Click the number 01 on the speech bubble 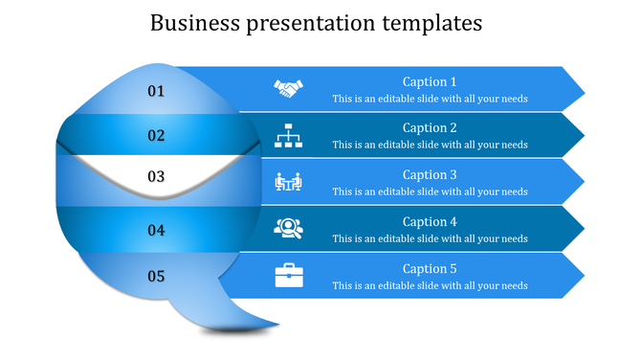(x=156, y=91)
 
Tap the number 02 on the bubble (x=156, y=136)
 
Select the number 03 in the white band (x=156, y=176)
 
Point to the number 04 (x=156, y=230)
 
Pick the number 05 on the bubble (x=156, y=277)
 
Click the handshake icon (x=288, y=89)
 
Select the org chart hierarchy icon (x=288, y=136)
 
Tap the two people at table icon (x=288, y=181)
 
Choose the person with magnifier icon (x=288, y=228)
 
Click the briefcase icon (x=288, y=276)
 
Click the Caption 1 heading (x=430, y=81)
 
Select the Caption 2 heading (x=430, y=127)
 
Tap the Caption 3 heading (x=430, y=174)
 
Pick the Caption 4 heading (x=430, y=221)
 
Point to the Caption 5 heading (x=430, y=268)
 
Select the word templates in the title (x=435, y=23)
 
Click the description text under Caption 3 (x=430, y=191)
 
